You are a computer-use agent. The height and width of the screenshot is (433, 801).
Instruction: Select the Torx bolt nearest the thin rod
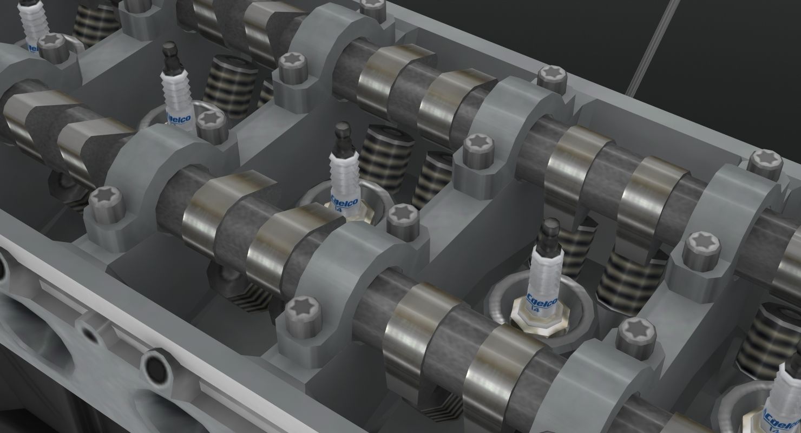pos(553,78)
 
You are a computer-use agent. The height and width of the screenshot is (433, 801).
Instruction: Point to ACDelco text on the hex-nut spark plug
pos(541,301)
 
